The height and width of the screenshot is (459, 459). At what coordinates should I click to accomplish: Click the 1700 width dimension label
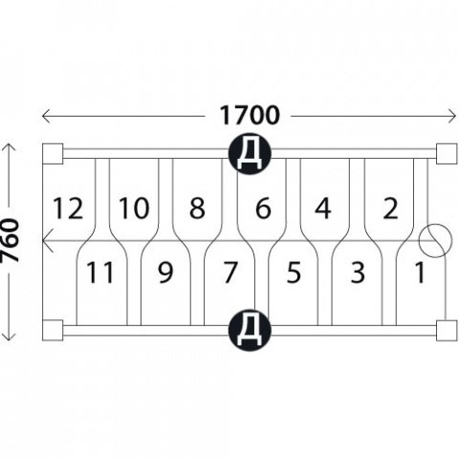250,116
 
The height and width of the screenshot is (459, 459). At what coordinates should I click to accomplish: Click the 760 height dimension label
10,240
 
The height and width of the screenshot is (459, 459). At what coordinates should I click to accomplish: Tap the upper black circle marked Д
250,154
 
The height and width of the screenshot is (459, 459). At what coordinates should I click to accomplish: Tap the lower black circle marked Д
250,331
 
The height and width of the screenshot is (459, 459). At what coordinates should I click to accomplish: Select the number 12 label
68,208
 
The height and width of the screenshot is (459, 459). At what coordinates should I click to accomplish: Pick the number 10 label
134,208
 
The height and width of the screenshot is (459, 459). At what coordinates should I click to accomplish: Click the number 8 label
197,208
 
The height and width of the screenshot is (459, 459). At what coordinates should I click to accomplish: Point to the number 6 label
263,208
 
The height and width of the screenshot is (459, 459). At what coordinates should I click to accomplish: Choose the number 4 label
323,208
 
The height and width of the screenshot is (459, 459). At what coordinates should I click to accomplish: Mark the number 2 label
391,208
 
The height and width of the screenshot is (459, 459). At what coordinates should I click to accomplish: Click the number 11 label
100,273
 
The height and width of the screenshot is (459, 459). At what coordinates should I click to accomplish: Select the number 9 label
165,273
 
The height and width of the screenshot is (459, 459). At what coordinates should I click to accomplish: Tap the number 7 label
230,273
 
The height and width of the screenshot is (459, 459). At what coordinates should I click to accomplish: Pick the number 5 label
294,273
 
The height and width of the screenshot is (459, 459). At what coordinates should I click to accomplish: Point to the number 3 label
358,273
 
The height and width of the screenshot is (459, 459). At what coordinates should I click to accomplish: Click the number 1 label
420,273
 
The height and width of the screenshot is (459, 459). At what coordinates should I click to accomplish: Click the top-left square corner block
53,154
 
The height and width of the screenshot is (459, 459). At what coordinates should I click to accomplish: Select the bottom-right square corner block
447,331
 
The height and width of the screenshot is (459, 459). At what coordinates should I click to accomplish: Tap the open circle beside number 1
435,224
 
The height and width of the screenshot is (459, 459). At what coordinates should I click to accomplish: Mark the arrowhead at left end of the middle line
47,240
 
